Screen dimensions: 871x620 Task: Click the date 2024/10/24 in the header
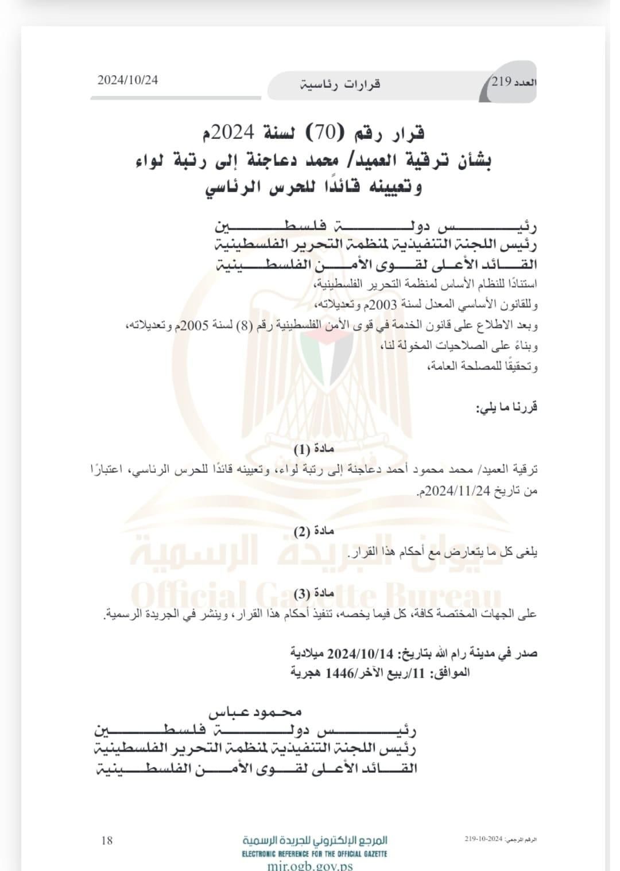tap(127, 80)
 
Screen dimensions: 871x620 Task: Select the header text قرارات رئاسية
tap(340, 85)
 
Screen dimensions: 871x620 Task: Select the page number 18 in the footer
tap(107, 841)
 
